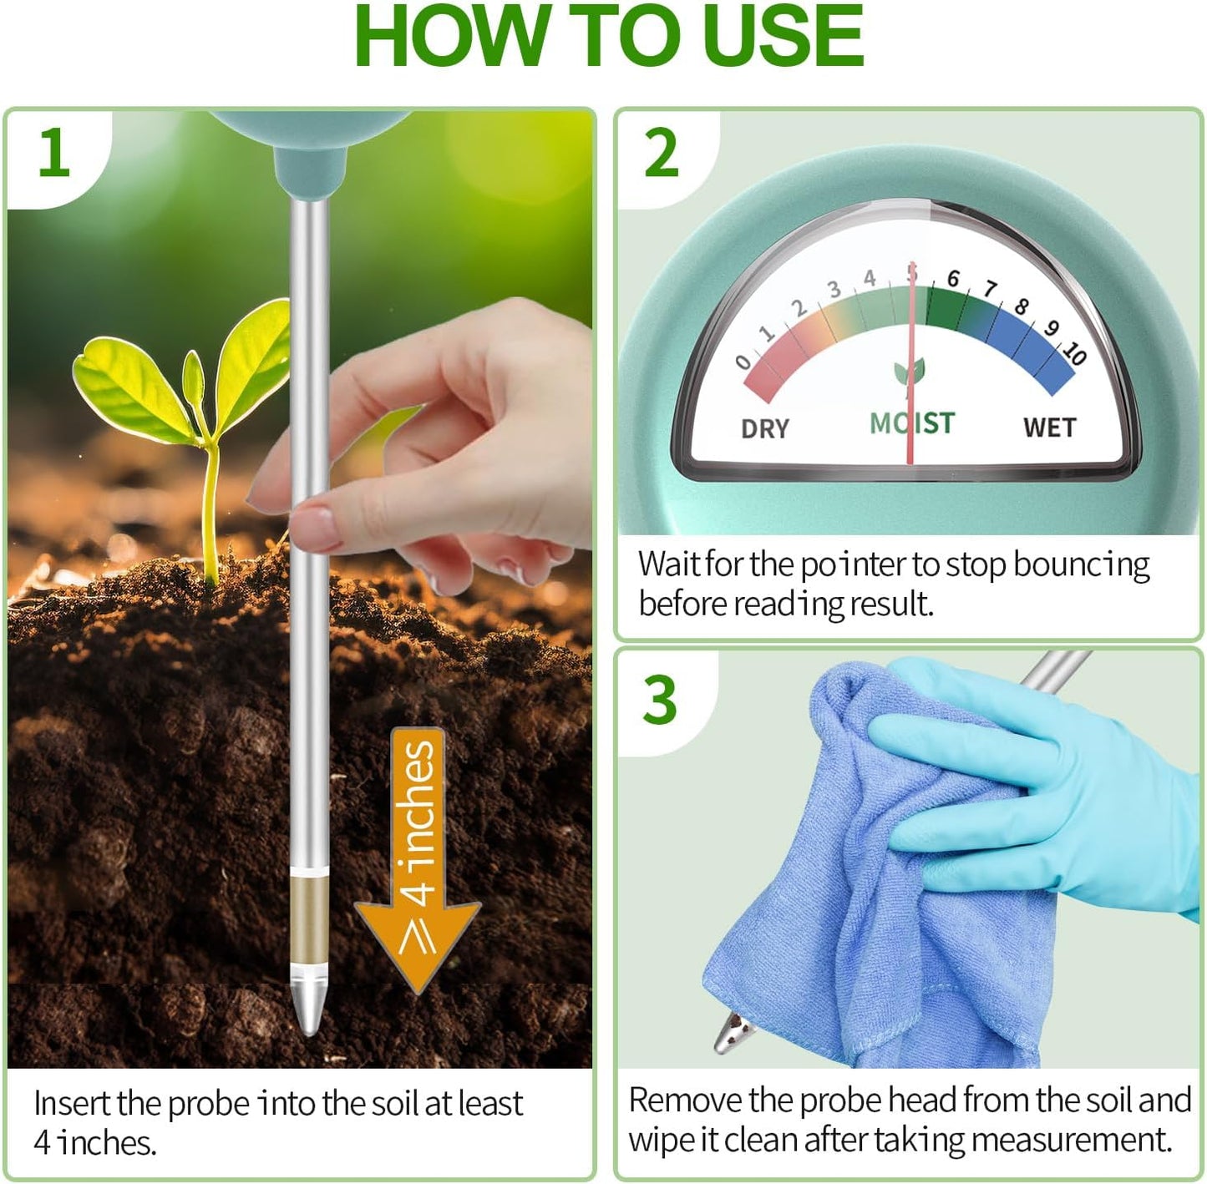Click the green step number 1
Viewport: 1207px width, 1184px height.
(x=54, y=153)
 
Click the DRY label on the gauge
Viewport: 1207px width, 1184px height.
(x=764, y=428)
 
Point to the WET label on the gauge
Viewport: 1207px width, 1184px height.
(x=1049, y=428)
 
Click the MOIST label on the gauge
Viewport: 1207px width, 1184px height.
(x=911, y=423)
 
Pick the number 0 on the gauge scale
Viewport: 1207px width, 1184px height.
(x=743, y=362)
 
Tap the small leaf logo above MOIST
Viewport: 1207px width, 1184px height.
(x=909, y=371)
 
